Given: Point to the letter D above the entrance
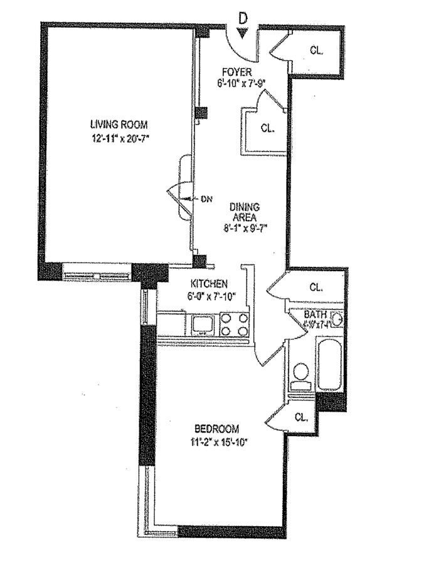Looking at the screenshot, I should (243, 19).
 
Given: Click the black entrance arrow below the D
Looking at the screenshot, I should (243, 34).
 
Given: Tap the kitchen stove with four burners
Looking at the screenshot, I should (236, 324).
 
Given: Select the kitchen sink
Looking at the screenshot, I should (203, 324).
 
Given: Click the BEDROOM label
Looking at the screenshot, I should (217, 429).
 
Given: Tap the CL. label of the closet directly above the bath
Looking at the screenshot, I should (316, 288).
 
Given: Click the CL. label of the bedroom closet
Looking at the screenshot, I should (302, 417).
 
